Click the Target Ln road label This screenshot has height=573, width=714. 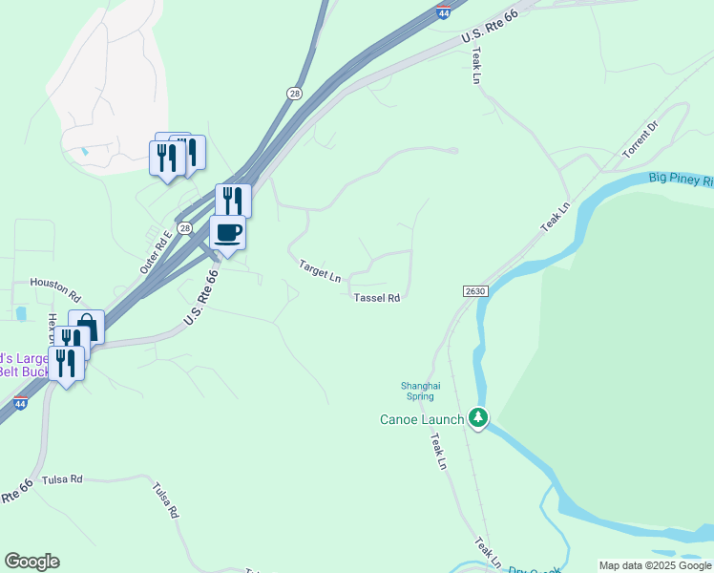pyautogui.click(x=320, y=270)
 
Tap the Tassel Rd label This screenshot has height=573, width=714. pyautogui.click(x=376, y=298)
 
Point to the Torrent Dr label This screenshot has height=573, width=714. pyautogui.click(x=640, y=139)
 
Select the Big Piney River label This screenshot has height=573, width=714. pyautogui.click(x=681, y=179)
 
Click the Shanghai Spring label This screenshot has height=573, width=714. pyautogui.click(x=420, y=392)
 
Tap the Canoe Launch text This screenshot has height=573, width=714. pyautogui.click(x=422, y=419)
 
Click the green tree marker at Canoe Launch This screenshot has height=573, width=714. pyautogui.click(x=478, y=418)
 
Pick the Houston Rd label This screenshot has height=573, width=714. pyautogui.click(x=55, y=283)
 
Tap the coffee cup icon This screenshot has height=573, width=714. pyautogui.click(x=227, y=232)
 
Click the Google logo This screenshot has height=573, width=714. pyautogui.click(x=31, y=562)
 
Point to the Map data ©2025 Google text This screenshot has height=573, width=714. pyautogui.click(x=656, y=565)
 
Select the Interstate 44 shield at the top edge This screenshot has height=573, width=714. pyautogui.click(x=443, y=12)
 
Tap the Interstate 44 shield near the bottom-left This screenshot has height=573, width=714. pyautogui.click(x=21, y=404)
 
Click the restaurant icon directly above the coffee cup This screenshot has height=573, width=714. pyautogui.click(x=233, y=200)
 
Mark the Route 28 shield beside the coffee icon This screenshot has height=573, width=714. pyautogui.click(x=185, y=228)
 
